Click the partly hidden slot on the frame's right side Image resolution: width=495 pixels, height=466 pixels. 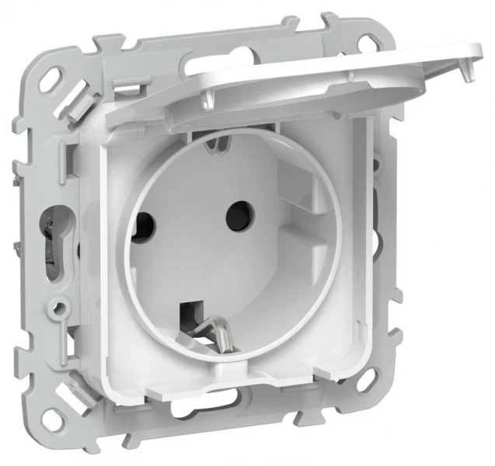[376, 175]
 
